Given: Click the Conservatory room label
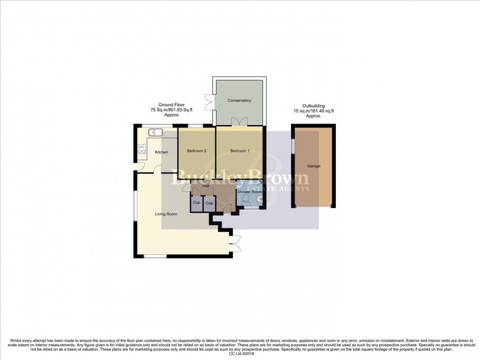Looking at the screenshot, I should pyautogui.click(x=239, y=100).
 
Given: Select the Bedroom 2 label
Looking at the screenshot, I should pyautogui.click(x=196, y=151).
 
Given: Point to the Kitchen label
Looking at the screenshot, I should pyautogui.click(x=162, y=152).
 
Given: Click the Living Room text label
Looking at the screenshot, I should pyautogui.click(x=166, y=214).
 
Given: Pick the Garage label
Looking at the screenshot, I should pyautogui.click(x=313, y=166).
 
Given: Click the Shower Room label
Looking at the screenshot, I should pyautogui.click(x=249, y=192).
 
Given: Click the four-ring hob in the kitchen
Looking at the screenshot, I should pyautogui.click(x=142, y=149).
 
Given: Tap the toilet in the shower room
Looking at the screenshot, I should pyautogui.click(x=251, y=200).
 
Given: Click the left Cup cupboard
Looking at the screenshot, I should pyautogui.click(x=196, y=203).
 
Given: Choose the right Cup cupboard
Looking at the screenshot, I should pyautogui.click(x=209, y=203).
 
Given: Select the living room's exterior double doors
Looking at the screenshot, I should pyautogui.click(x=236, y=243).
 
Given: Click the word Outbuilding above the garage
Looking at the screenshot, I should pyautogui.click(x=313, y=106).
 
